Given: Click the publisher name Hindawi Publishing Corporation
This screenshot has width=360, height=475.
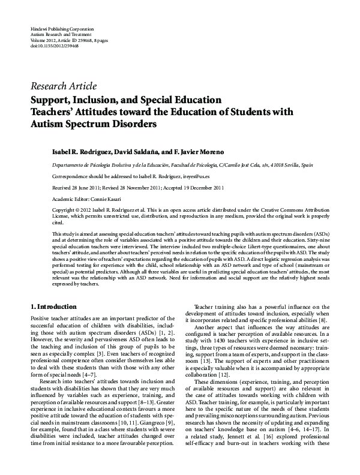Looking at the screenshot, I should [x=61, y=29].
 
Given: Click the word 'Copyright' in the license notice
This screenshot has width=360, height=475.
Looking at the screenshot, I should [x=66, y=210].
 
